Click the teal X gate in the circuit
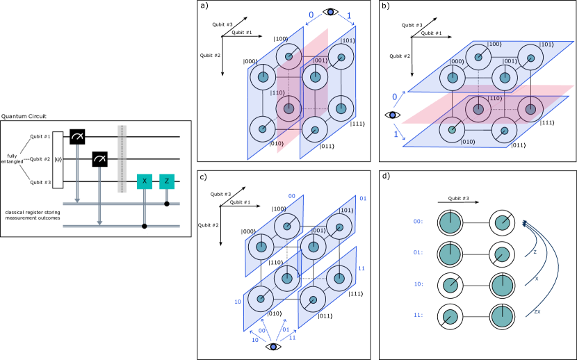(145, 181)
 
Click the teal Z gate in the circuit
(167, 181)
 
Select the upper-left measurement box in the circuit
(77, 137)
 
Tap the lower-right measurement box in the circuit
(99, 159)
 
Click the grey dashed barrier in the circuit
(122, 158)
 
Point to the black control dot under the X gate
(145, 226)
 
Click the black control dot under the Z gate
(167, 204)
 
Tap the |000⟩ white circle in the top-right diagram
(453, 77)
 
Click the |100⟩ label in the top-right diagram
(494, 44)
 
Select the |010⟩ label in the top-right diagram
(467, 142)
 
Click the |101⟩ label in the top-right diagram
(546, 44)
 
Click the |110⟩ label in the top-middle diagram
(277, 92)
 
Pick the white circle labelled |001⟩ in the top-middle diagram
(315, 76)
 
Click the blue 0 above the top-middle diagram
(311, 15)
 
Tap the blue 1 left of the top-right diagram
(396, 134)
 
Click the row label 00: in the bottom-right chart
(418, 222)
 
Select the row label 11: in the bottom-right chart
(418, 315)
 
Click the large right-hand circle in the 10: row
(502, 286)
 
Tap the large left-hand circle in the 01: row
(450, 254)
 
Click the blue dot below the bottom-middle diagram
(273, 346)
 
